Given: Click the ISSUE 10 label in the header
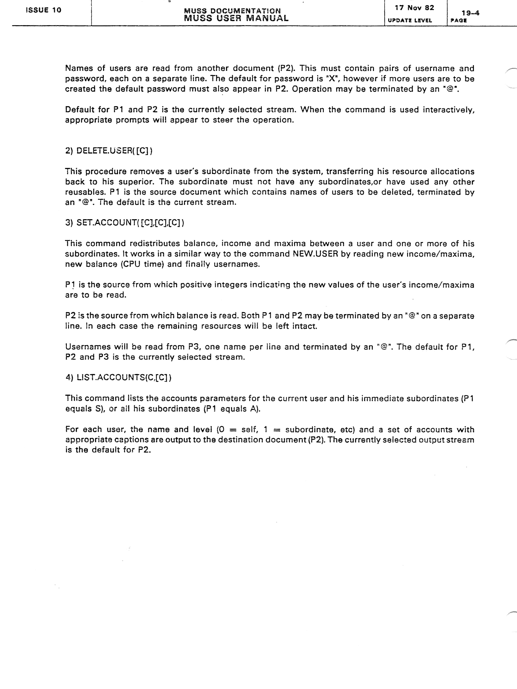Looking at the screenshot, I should [x=43, y=10].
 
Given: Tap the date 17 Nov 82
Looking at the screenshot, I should [x=414, y=8].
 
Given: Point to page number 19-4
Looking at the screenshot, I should [x=470, y=13].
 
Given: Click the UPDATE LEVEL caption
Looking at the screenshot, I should [x=410, y=20].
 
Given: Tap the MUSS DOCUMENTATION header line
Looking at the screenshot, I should [x=232, y=11].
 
